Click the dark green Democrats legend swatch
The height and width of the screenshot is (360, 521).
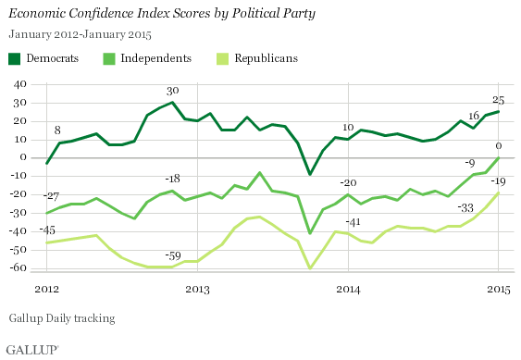pos(14,58)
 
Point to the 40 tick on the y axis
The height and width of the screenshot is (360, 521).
pos(17,83)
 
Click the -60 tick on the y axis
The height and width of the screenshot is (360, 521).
pos(15,268)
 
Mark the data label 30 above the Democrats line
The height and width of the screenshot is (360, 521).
pos(172,91)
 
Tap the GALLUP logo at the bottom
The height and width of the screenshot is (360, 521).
pos(31,349)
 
